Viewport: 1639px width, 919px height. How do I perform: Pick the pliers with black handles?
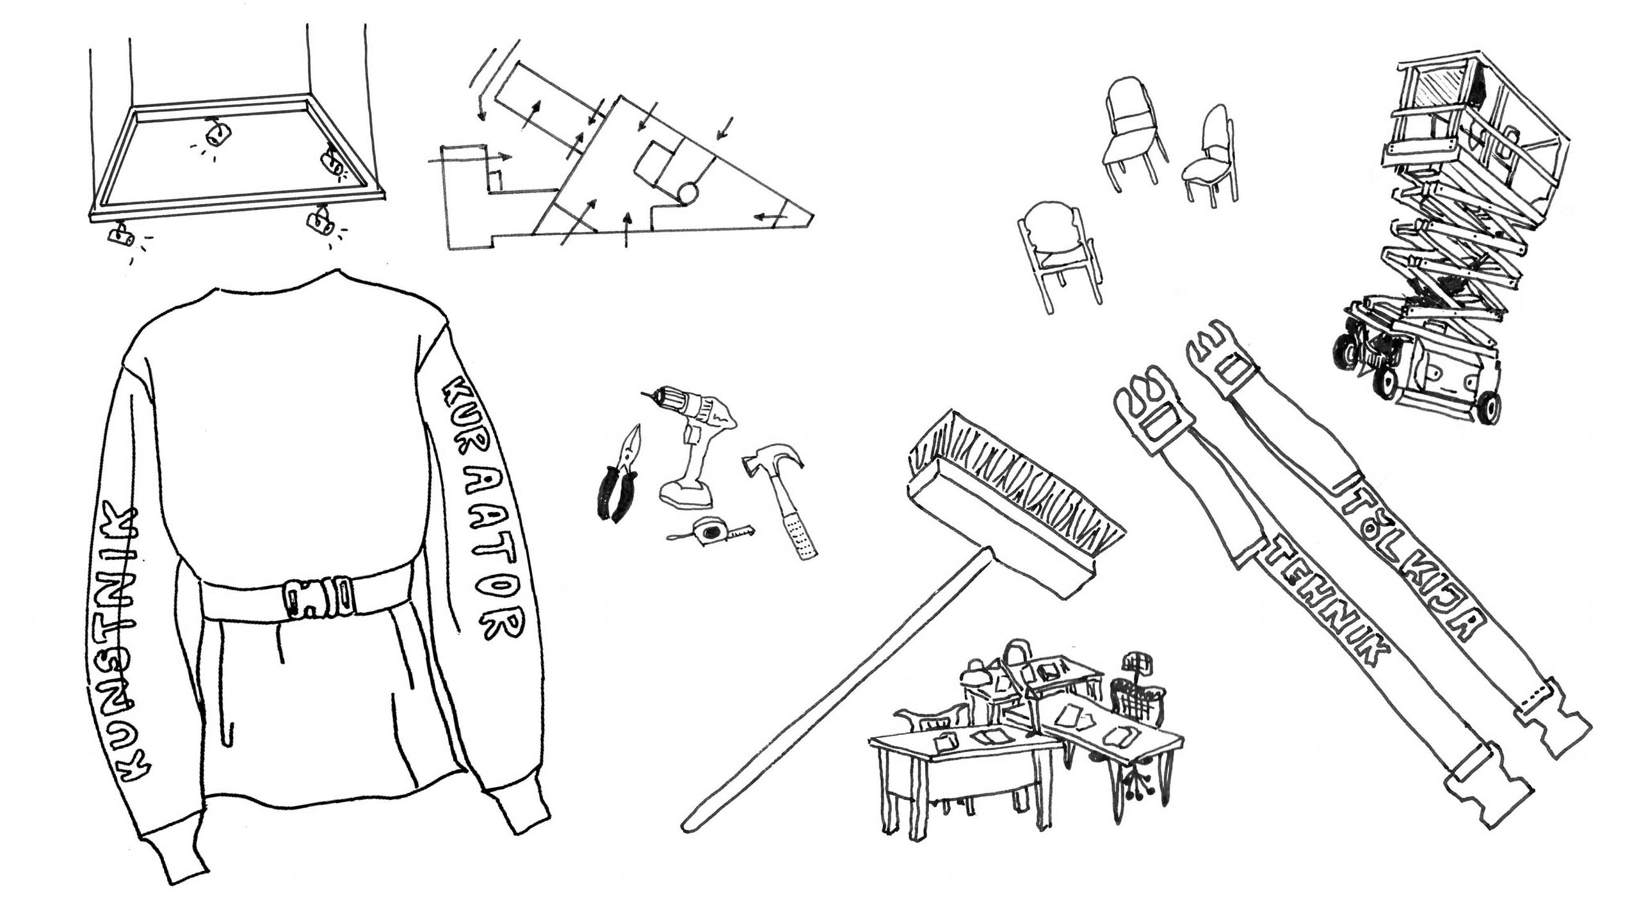tap(615, 486)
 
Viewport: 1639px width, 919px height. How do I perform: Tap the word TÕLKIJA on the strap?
tap(1428, 563)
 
